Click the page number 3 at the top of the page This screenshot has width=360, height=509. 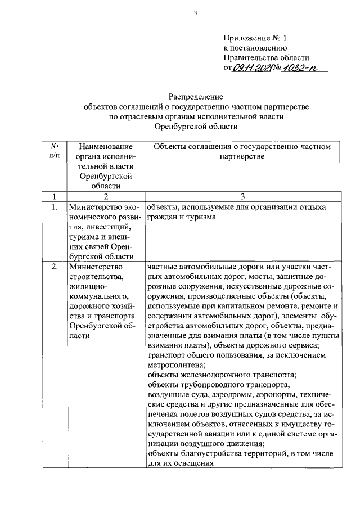196,13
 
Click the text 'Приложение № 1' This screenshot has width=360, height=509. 255,38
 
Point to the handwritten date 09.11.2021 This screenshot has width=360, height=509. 250,68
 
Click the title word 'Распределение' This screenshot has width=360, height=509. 196,97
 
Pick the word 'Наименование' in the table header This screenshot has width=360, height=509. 101,146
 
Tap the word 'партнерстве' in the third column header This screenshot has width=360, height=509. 243,156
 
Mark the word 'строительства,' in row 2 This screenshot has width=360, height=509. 93,277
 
